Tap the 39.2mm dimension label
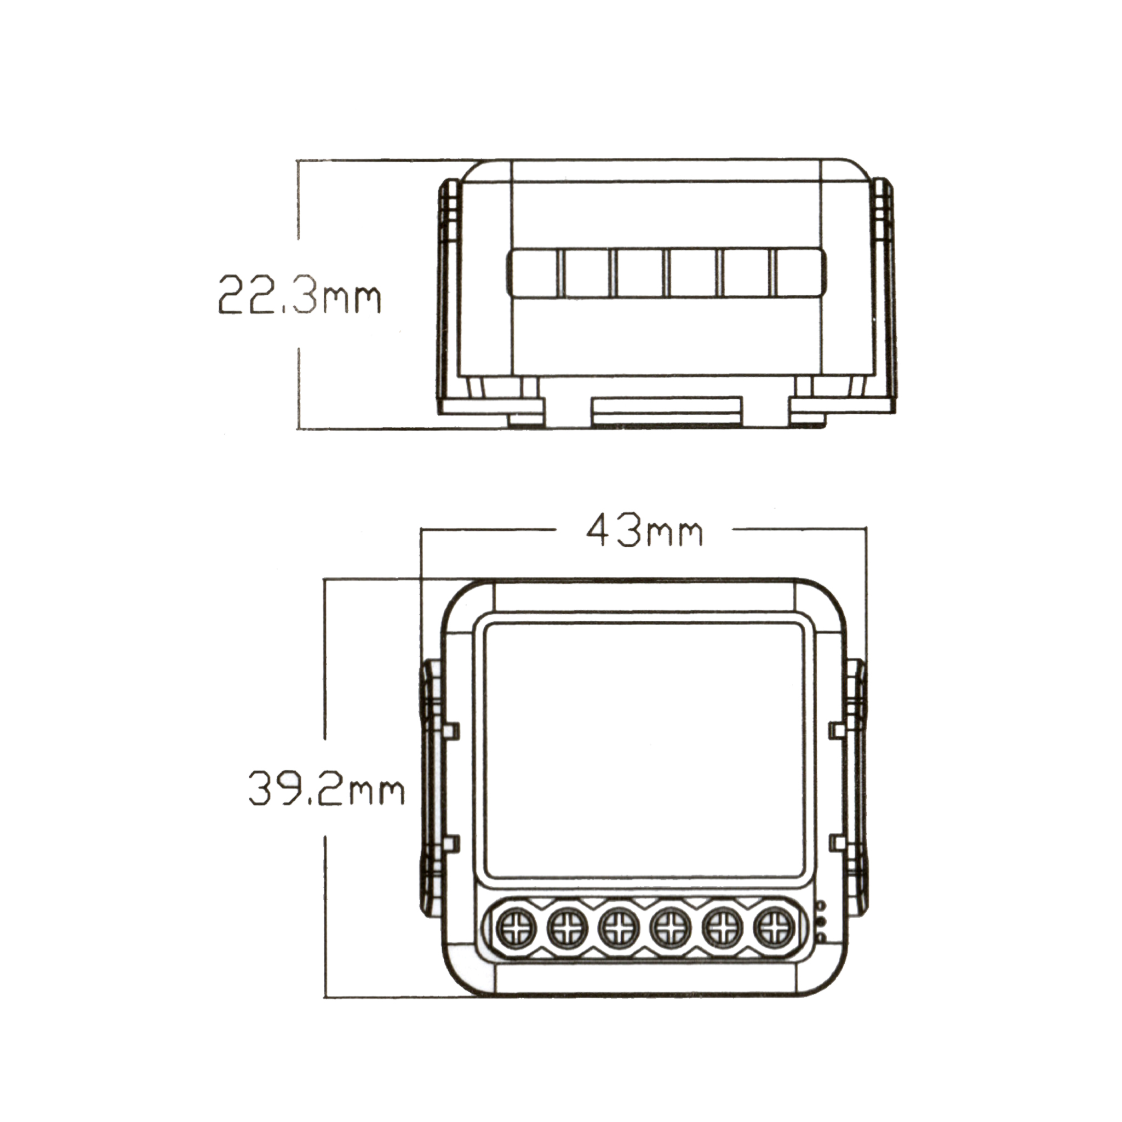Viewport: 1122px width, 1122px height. tap(326, 787)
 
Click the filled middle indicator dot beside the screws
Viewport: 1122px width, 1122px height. tap(821, 921)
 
